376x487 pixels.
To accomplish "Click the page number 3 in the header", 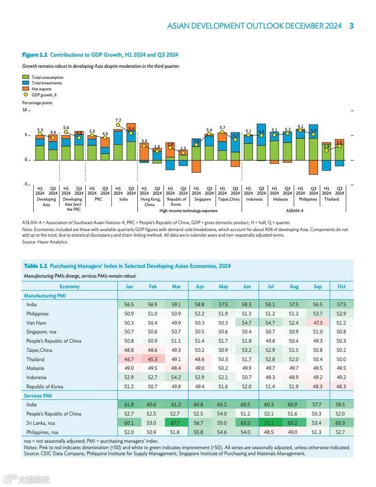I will coord(351,26).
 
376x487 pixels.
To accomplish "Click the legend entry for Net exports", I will coord(41,89).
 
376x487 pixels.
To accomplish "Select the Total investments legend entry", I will coord(47,83).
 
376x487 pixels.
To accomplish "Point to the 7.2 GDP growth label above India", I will coord(118,120).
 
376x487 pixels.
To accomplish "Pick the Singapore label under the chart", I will coord(203,200).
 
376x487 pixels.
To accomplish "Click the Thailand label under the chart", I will coord(331,200).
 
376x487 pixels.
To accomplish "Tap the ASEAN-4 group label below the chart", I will coord(294,210).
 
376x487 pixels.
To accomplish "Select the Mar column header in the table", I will coord(176,286).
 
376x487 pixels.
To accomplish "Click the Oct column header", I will coord(341,286).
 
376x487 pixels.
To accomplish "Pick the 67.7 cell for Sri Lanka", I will coord(176,422).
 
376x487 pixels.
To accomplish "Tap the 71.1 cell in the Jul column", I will coord(270,422).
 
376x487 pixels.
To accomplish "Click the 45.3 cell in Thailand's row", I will coord(153,359).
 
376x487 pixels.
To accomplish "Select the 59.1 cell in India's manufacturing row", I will coord(176,304).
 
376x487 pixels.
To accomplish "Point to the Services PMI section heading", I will coord(39,396).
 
